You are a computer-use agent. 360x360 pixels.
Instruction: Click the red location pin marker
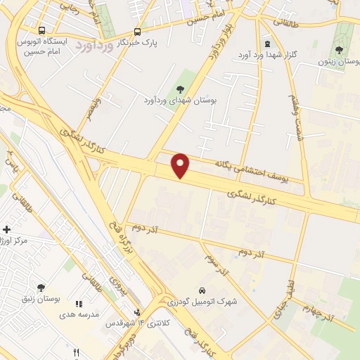tap(181, 165)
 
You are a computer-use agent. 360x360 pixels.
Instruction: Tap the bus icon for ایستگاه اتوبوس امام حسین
tap(43, 31)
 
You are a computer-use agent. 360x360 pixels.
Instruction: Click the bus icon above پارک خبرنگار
tap(137, 31)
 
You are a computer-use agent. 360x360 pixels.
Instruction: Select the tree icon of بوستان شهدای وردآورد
tap(181, 89)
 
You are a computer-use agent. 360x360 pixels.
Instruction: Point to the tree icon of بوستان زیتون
tap(340, 50)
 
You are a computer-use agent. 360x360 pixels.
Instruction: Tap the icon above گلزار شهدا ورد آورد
tap(266, 44)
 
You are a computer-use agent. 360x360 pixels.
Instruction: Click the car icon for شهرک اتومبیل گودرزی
tap(202, 290)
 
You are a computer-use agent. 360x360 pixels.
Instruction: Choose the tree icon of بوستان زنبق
tap(41, 288)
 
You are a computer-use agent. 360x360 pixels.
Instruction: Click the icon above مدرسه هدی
tap(79, 304)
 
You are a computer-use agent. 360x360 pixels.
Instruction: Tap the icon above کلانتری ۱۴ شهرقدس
tap(138, 313)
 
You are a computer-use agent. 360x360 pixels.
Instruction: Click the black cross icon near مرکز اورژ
tap(7, 230)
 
